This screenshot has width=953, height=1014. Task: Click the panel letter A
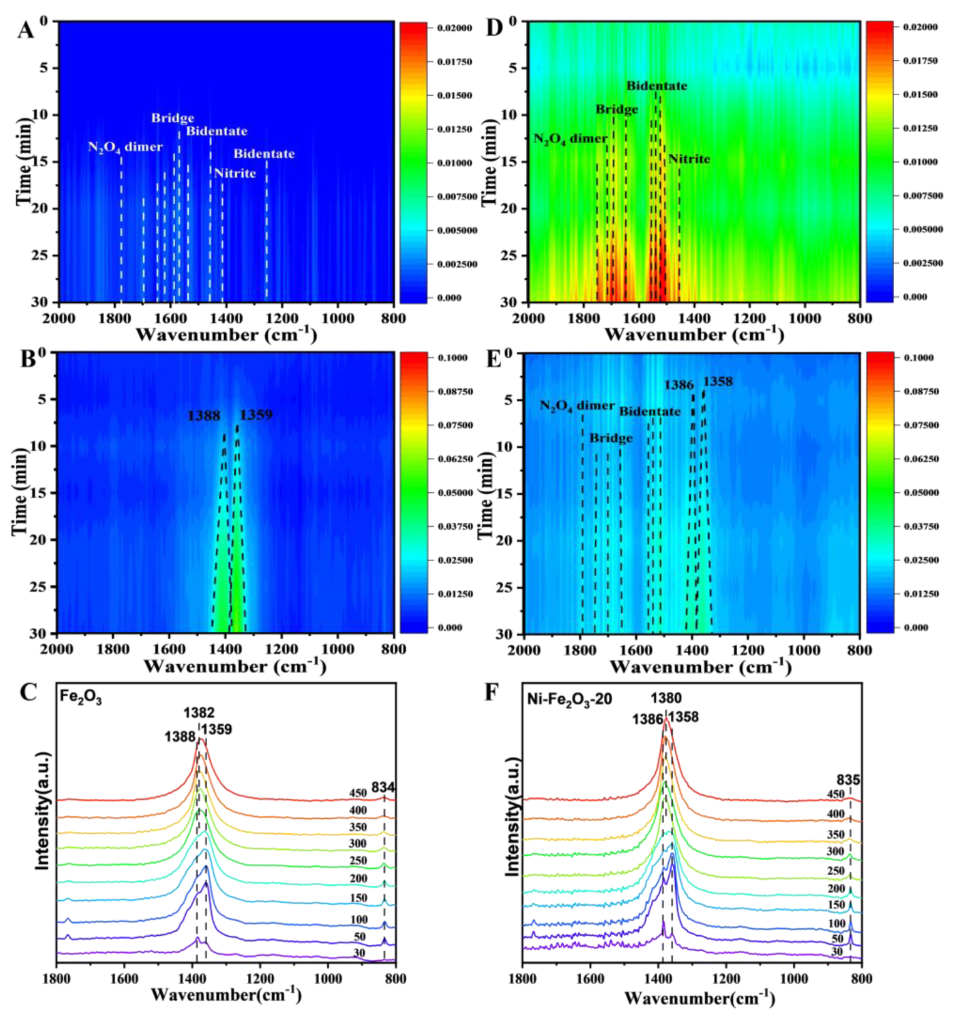click(25, 30)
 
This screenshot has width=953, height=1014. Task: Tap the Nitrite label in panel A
click(235, 173)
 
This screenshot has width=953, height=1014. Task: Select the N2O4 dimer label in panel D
click(569, 139)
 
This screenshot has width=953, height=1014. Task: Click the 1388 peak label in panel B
click(203, 415)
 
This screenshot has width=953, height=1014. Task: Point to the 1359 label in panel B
click(256, 415)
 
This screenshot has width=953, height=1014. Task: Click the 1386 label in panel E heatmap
click(679, 385)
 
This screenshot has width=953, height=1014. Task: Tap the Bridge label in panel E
click(611, 438)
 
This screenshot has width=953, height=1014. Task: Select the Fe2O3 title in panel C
click(81, 697)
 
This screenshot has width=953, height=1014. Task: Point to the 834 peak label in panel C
click(383, 787)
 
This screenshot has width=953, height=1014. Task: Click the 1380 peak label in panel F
click(666, 698)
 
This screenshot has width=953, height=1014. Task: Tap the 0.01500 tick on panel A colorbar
click(454, 95)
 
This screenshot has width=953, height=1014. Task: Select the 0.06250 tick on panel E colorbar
click(920, 459)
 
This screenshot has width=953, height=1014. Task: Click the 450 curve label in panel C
click(358, 793)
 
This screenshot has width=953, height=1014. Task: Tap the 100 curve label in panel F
click(837, 923)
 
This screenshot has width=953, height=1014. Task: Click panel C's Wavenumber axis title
click(226, 994)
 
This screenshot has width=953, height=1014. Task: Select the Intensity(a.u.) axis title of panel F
click(512, 816)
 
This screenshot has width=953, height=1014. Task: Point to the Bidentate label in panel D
click(656, 86)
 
